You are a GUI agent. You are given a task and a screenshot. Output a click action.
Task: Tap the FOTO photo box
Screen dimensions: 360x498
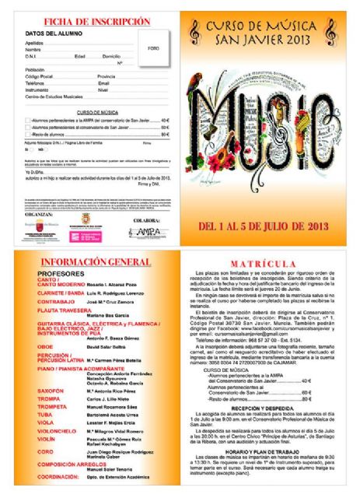point(153,48)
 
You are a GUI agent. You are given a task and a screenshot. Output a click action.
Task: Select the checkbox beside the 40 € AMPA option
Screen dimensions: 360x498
point(28,121)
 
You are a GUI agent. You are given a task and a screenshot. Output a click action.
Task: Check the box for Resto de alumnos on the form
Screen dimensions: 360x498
point(28,135)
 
